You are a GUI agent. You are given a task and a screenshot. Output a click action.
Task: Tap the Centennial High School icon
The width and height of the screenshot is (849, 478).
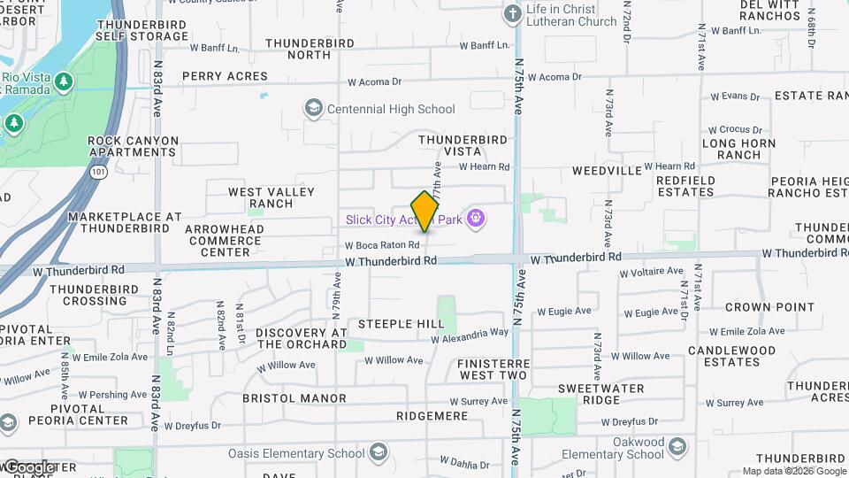pyautogui.click(x=313, y=109)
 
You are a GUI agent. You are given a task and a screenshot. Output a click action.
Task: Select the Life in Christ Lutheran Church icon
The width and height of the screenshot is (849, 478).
pyautogui.click(x=513, y=14)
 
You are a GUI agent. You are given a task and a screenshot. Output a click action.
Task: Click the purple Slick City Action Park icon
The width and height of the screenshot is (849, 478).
pyautogui.click(x=476, y=217)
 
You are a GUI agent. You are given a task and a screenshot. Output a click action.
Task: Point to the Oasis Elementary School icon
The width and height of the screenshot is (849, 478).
pyautogui.click(x=379, y=453)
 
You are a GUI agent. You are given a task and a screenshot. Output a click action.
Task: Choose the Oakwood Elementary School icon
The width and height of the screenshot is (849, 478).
pyautogui.click(x=677, y=447)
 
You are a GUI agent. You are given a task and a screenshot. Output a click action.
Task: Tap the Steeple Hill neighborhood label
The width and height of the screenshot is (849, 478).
pyautogui.click(x=401, y=324)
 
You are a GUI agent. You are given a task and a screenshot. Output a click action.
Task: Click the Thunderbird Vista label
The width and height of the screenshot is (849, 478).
pyautogui.click(x=463, y=145)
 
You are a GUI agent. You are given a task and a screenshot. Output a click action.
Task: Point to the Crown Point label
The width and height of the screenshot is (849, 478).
pyautogui.click(x=769, y=307)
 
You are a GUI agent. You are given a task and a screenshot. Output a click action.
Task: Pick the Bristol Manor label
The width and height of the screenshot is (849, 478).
pyautogui.click(x=294, y=398)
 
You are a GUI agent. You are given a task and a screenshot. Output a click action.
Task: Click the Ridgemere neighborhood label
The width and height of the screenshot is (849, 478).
pyautogui.click(x=432, y=415)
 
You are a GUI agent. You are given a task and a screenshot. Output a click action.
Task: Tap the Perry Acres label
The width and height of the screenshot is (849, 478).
pyautogui.click(x=225, y=77)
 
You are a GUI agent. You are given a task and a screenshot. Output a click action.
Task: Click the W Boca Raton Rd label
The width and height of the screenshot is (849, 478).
pyautogui.click(x=381, y=245)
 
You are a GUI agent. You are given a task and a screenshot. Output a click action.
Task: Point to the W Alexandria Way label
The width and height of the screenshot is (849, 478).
pyautogui.click(x=470, y=335)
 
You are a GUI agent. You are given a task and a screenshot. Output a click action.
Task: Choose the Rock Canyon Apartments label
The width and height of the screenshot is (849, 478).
pyautogui.click(x=133, y=146)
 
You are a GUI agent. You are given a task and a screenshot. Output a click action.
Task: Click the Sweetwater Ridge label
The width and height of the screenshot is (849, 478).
pyautogui.click(x=601, y=394)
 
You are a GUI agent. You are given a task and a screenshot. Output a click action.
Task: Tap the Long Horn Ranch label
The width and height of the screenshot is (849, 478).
pyautogui.click(x=738, y=149)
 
